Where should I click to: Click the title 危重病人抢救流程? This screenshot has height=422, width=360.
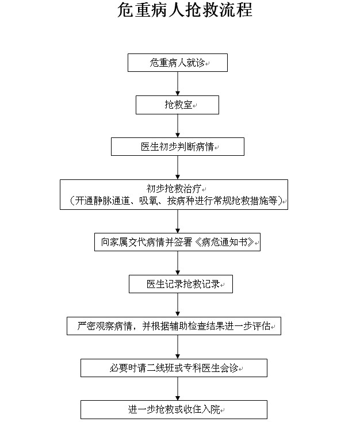point(185,10)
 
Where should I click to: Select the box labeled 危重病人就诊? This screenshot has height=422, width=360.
point(178,63)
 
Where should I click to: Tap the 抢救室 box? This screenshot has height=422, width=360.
point(177,105)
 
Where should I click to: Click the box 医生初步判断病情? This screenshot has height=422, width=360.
point(178,147)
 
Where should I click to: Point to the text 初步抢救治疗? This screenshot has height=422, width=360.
point(174,189)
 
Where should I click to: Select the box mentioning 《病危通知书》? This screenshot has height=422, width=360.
point(177,242)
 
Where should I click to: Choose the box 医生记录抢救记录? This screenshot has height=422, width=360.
point(181,284)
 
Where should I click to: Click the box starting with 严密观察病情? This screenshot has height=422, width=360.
point(174,326)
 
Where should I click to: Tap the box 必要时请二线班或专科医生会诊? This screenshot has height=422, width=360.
point(174,368)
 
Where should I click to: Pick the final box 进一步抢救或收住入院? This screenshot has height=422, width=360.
point(174,409)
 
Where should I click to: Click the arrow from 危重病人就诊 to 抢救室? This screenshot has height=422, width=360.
point(178,84)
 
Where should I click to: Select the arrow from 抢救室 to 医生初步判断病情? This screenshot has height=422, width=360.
point(178,126)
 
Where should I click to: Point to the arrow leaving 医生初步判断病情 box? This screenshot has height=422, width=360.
point(178,167)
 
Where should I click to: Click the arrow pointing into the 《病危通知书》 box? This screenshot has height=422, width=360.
point(178,221)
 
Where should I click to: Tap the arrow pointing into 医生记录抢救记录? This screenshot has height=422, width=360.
point(178,263)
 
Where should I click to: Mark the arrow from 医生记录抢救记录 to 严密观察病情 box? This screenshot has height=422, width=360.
point(178,305)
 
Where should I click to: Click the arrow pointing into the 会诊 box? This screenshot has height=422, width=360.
point(178,347)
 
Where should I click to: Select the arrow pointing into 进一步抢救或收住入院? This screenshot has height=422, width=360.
point(178,389)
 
